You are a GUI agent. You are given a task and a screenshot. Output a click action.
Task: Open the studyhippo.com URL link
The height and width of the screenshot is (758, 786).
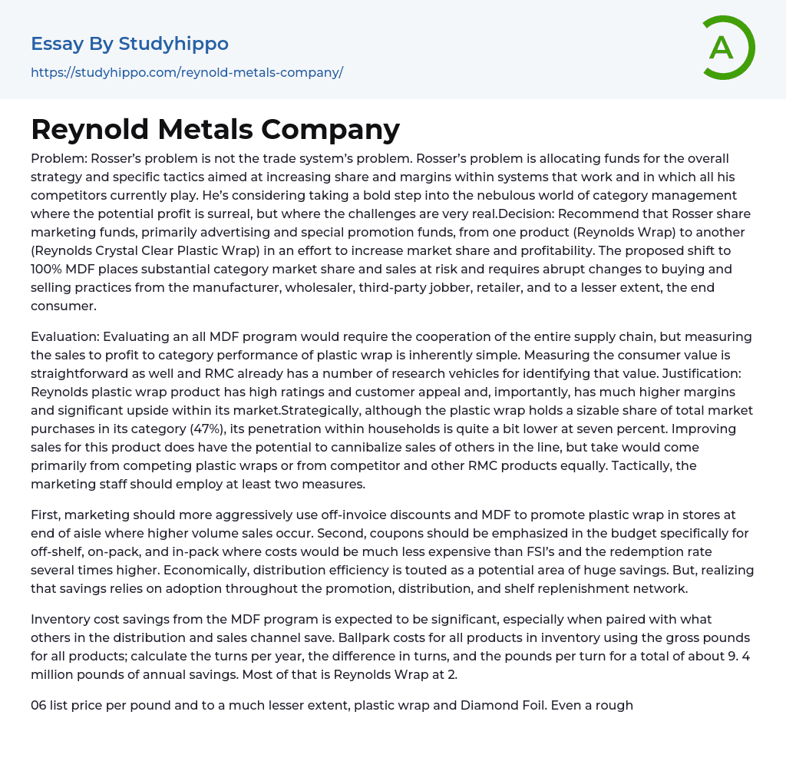point(187,72)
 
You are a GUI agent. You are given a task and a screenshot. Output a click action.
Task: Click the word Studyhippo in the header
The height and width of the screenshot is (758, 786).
point(173,44)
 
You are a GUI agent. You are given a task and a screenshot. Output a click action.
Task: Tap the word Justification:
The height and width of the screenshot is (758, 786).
point(705,373)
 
